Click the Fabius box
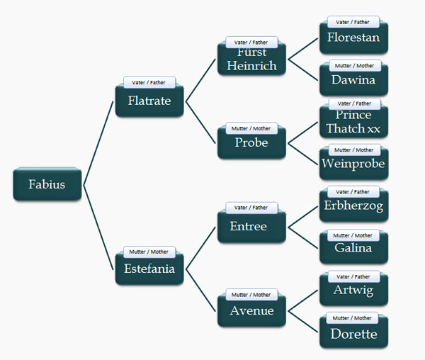tap(47, 185)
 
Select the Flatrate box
tap(149, 101)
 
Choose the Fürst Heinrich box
tap(251, 60)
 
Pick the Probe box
tap(251, 143)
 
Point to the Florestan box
tap(353, 38)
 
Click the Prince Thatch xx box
tap(353, 123)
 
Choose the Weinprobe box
tap(353, 164)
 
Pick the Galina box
tap(353, 249)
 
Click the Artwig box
tap(353, 291)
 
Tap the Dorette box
tap(353, 333)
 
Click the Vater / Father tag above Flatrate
tap(149, 82)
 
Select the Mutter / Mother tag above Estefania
tap(149, 252)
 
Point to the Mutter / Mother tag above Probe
tap(251, 128)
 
